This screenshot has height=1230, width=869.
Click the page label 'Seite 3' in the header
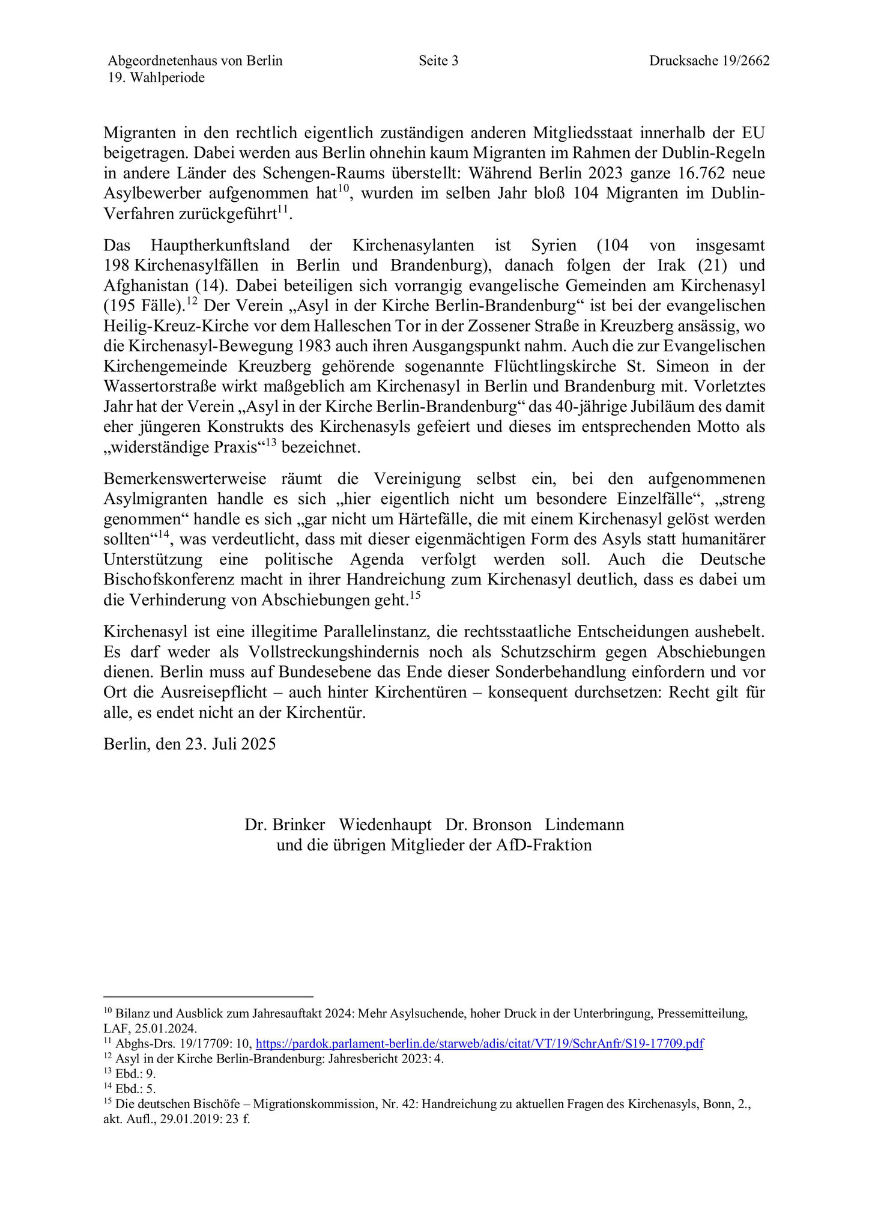tap(438, 61)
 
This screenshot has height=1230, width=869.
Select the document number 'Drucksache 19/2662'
tap(709, 61)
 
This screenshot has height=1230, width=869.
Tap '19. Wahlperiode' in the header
tap(156, 77)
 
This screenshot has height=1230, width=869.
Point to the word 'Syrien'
tap(554, 246)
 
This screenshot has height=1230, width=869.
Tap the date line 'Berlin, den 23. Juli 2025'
tap(190, 744)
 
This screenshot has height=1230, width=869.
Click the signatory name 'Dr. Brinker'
tap(285, 825)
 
